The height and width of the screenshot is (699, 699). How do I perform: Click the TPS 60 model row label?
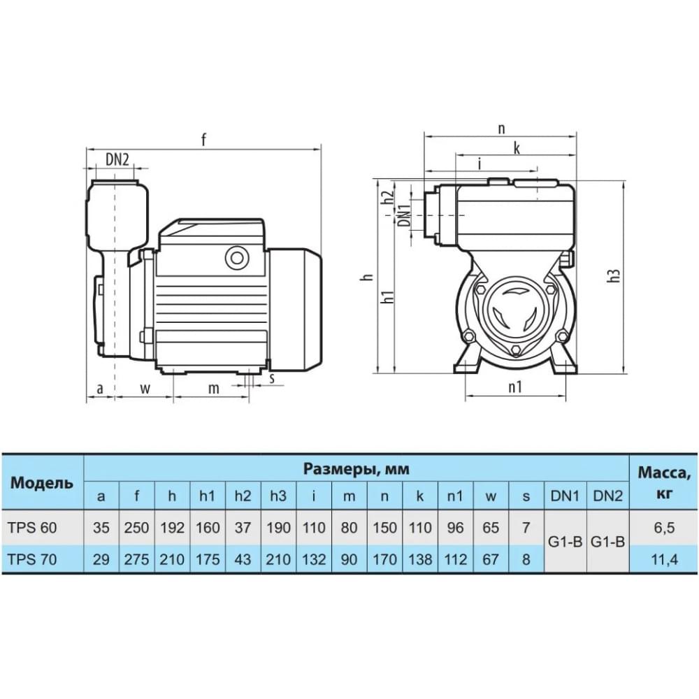[x=32, y=528]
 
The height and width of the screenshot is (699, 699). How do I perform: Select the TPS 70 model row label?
[x=32, y=559]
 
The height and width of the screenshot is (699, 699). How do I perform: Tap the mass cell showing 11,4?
[x=664, y=559]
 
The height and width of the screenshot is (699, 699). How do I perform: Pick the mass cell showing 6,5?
[x=664, y=528]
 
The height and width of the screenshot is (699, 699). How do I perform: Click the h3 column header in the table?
[x=278, y=496]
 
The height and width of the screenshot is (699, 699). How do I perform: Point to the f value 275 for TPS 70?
[x=136, y=559]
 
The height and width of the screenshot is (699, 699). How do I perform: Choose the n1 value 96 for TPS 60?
[x=455, y=528]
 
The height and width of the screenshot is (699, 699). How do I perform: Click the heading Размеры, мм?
[x=356, y=469]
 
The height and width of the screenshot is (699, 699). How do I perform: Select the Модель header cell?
[x=41, y=483]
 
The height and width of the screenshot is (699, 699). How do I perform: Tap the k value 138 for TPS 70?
[x=420, y=559]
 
